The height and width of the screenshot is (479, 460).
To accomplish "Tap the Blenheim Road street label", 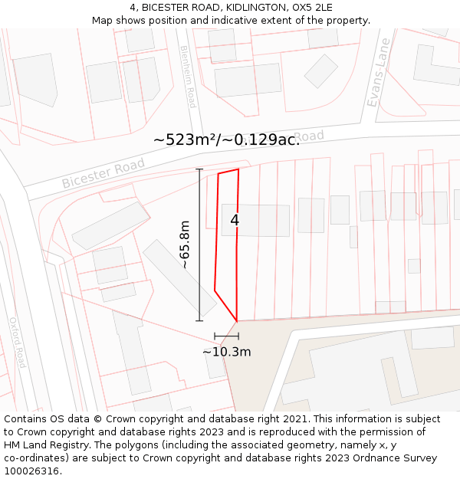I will pyautogui.click(x=187, y=76).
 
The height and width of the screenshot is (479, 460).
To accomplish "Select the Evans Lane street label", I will pyautogui.click(x=379, y=72).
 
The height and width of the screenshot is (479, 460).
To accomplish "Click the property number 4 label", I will pyautogui.click(x=235, y=220).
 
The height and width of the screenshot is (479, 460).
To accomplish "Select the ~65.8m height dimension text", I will pyautogui.click(x=184, y=244).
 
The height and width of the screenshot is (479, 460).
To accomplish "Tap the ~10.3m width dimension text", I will pyautogui.click(x=227, y=352).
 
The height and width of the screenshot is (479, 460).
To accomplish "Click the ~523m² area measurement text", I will pyautogui.click(x=192, y=140).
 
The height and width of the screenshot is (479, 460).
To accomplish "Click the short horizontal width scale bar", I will pyautogui.click(x=226, y=336).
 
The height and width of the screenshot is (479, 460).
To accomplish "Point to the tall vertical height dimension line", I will pyautogui.click(x=200, y=244).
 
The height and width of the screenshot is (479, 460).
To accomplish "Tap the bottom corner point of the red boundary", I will pyautogui.click(x=237, y=321).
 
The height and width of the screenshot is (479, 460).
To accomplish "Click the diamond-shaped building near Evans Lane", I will pyautogui.click(x=321, y=71).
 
